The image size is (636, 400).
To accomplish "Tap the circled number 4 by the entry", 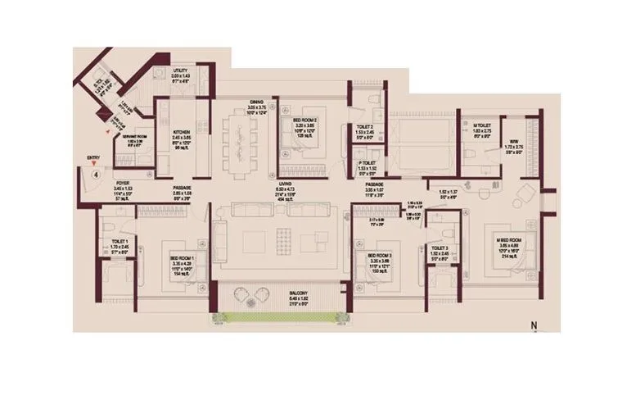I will tap(96, 175).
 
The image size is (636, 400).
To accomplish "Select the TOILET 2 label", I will tap(364, 128).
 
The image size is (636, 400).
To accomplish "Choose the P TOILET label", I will tap(366, 162).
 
